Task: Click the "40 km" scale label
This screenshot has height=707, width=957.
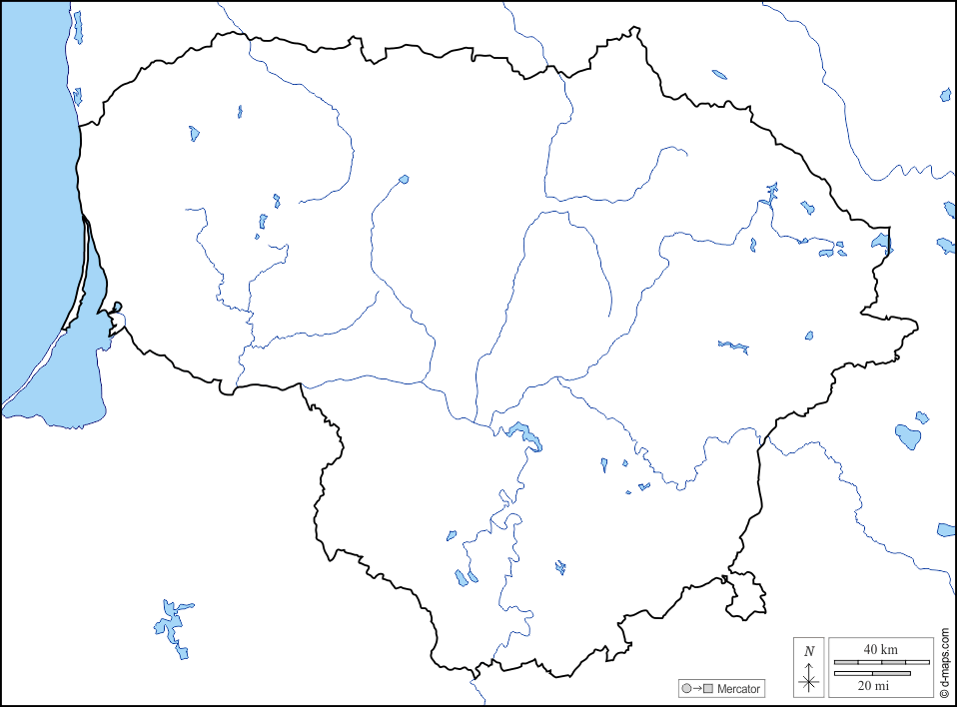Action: click(880, 649)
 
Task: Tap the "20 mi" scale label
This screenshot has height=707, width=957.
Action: click(873, 685)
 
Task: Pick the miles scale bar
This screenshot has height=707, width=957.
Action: click(872, 673)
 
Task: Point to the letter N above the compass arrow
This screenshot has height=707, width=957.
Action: click(809, 651)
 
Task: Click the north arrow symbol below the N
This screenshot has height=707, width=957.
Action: click(809, 681)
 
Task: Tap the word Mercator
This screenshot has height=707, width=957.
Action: click(738, 689)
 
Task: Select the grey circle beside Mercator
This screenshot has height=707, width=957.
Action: click(685, 689)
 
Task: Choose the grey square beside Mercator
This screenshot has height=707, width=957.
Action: click(708, 689)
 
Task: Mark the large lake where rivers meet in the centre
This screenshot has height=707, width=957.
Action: click(523, 434)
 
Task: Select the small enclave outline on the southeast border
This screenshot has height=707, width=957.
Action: click(747, 596)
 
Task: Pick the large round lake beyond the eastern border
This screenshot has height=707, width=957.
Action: click(908, 436)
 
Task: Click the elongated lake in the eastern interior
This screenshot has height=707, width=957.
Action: click(734, 347)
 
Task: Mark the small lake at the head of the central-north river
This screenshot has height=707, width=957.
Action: click(404, 180)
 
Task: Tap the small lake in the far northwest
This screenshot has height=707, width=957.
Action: click(194, 132)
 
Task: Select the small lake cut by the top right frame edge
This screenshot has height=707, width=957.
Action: click(946, 95)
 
